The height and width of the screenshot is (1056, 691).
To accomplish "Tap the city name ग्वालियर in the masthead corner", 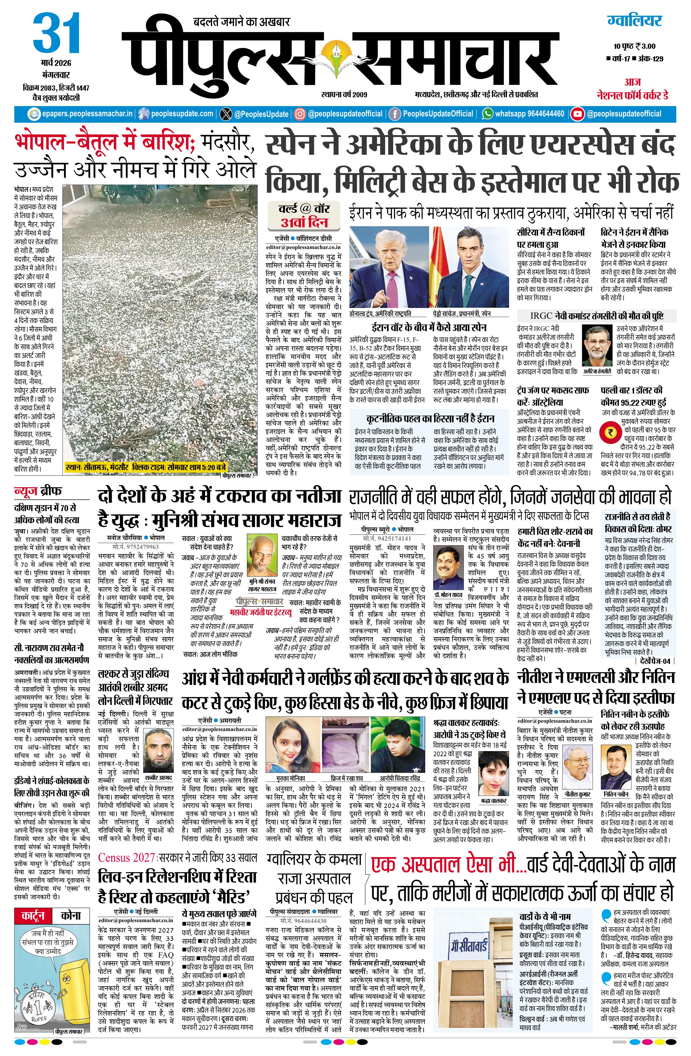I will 635,20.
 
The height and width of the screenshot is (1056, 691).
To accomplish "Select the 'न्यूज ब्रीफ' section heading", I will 38,491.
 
